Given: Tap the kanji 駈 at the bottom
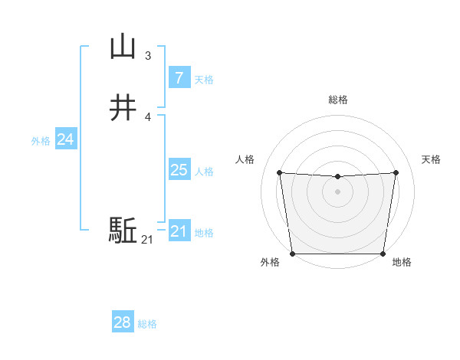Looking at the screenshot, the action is [123, 231].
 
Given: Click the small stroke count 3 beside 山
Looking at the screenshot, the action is [148, 56].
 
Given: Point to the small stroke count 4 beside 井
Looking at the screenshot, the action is [148, 116].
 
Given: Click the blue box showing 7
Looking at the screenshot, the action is [179, 77].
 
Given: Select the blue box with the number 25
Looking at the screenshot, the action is [179, 170].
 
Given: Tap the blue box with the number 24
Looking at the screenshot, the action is [66, 139].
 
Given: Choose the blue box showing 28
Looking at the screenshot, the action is [122, 322].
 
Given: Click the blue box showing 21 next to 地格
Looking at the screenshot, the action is [179, 231].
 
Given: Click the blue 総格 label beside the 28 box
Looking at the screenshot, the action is [147, 324].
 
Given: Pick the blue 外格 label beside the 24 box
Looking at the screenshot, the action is [41, 141].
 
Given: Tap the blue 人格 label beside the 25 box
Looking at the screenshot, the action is [205, 172].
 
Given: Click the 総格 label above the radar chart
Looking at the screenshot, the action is [338, 100].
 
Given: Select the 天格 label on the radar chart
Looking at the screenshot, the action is [431, 159].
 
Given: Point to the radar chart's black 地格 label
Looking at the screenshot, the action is [402, 263].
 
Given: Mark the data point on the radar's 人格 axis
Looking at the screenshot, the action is [280, 173].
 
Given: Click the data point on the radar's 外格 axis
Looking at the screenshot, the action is [294, 253].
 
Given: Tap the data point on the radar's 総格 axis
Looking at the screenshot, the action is [338, 177].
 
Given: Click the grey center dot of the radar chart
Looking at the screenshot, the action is [338, 192].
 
